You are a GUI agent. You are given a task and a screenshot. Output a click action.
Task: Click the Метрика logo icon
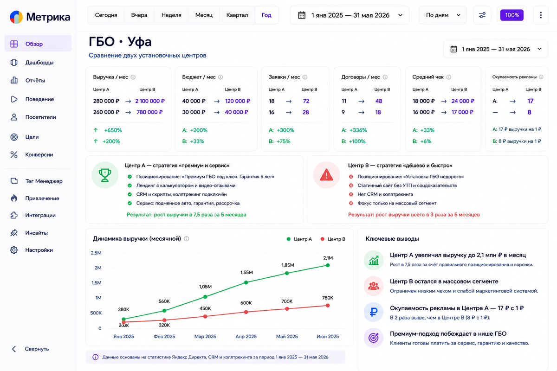click(16, 17)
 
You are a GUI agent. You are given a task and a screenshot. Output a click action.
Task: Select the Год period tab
click(266, 15)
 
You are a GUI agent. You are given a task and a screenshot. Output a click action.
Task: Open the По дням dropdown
click(443, 15)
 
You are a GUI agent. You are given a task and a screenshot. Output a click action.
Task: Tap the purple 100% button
click(512, 15)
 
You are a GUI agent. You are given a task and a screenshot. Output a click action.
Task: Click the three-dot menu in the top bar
click(541, 15)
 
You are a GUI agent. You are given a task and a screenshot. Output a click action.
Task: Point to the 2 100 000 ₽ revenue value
click(150, 101)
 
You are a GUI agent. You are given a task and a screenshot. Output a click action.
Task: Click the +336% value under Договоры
click(358, 130)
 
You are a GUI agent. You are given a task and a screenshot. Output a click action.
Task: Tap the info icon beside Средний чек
click(448, 77)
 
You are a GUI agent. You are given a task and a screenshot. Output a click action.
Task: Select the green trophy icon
click(105, 175)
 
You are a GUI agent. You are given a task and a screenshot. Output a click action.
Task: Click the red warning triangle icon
click(326, 175)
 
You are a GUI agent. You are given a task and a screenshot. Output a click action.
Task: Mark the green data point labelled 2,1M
click(328, 265)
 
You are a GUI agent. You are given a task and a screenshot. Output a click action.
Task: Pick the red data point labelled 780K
click(328, 306)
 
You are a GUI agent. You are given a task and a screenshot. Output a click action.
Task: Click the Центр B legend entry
click(333, 239)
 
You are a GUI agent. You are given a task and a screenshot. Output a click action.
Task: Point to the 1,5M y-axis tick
click(96, 283)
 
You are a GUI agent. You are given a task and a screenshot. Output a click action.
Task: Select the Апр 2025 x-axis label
click(246, 337)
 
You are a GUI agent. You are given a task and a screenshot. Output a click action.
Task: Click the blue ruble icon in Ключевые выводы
click(374, 312)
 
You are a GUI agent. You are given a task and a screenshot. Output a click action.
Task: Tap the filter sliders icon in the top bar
click(482, 15)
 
